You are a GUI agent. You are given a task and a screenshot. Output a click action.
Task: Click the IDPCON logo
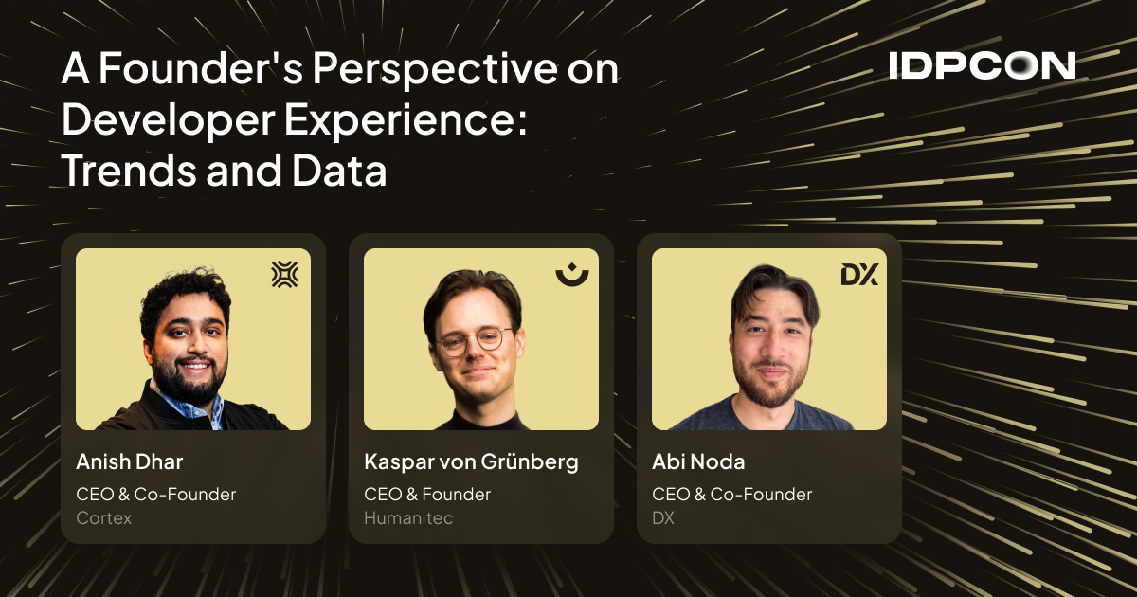982,65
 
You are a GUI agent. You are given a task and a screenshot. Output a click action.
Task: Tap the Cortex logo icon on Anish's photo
284,275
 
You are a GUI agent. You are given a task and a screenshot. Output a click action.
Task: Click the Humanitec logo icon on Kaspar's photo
571,275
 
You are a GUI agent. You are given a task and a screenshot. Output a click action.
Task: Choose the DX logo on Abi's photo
859,275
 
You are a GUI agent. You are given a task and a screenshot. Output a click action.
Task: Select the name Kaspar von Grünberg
471,462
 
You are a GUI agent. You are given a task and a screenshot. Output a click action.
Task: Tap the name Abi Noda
698,462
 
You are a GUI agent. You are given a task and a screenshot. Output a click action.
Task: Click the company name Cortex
103,518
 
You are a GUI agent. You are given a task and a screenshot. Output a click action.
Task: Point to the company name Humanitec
408,518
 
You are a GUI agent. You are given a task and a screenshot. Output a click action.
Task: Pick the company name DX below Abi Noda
664,518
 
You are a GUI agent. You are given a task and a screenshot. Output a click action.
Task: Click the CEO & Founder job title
427,494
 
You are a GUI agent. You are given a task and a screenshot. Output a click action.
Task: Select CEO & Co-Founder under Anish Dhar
155,494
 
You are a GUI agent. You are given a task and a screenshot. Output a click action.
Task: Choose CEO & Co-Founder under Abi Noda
731,494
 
